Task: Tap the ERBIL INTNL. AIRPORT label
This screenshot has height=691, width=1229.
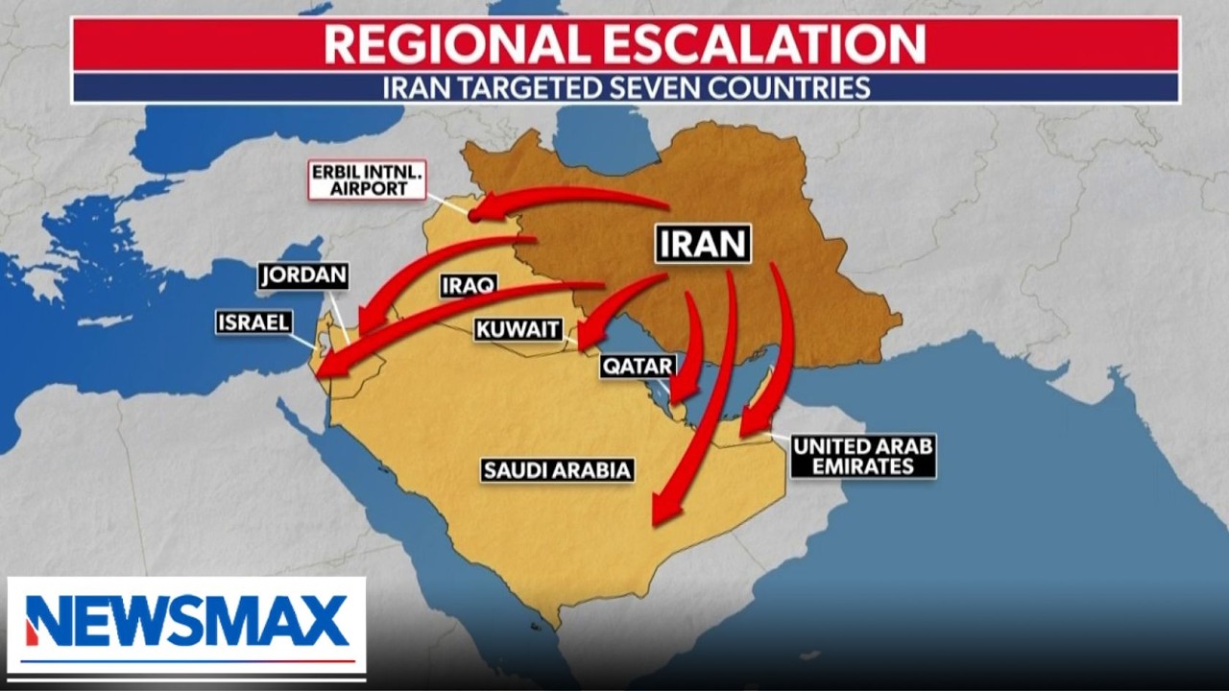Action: click(367, 179)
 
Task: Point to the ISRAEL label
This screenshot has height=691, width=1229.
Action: click(253, 322)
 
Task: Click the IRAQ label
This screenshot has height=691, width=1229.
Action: click(468, 285)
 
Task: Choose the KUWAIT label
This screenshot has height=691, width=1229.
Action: click(518, 330)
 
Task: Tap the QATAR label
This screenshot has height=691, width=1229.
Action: click(638, 366)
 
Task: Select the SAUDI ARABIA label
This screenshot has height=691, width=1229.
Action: click(557, 470)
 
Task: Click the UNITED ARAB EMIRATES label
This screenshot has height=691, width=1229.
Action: click(863, 456)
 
